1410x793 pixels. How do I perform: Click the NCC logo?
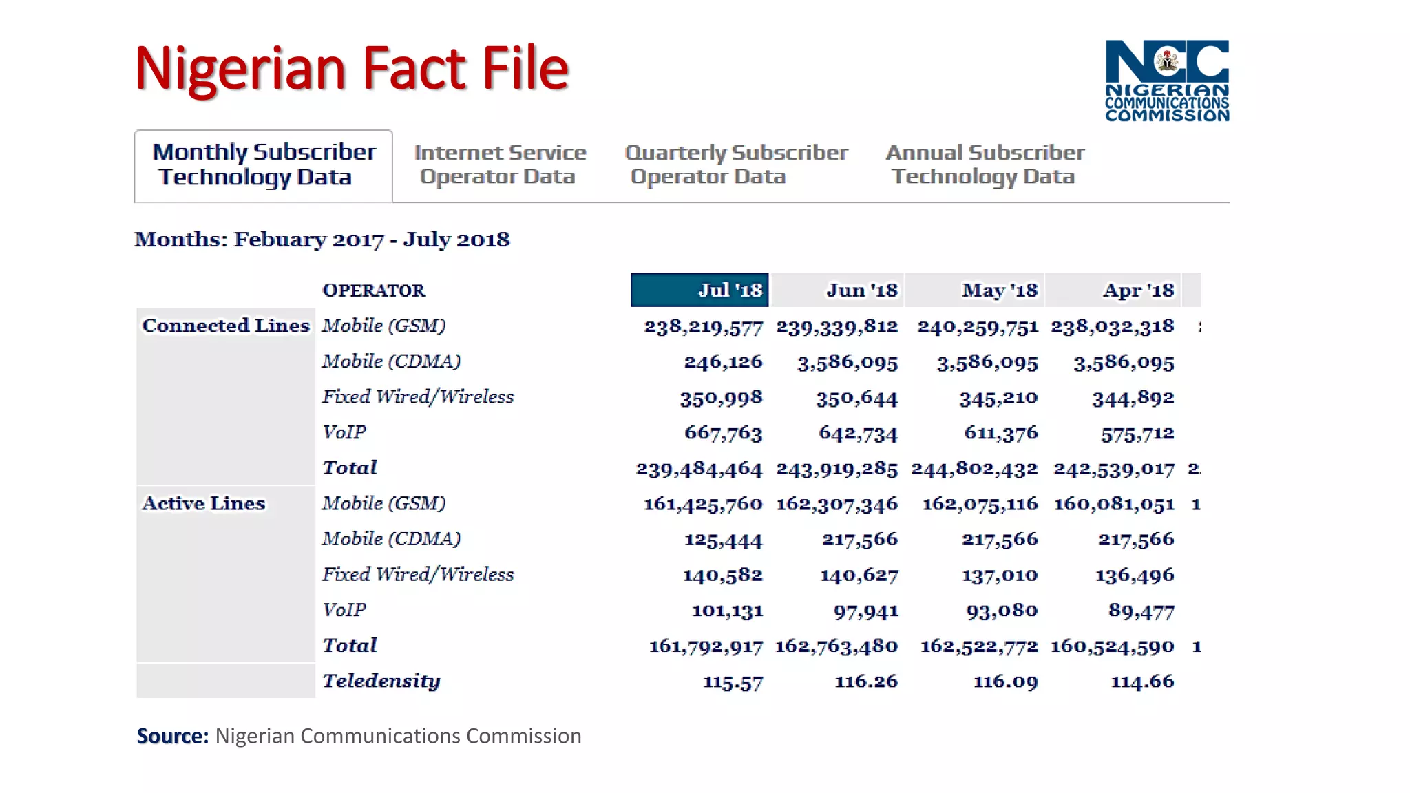(1166, 81)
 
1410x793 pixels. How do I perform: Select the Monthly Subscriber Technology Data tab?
(264, 165)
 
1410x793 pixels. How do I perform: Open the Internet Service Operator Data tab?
(500, 165)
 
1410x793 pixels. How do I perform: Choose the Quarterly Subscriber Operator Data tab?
(735, 165)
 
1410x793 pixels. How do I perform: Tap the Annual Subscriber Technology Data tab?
(985, 165)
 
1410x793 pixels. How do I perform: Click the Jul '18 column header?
(699, 290)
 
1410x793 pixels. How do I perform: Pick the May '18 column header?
(999, 290)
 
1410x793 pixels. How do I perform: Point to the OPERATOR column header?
(374, 290)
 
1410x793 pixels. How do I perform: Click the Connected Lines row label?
(226, 326)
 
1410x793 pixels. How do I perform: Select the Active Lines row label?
(203, 504)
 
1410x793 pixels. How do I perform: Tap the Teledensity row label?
(381, 681)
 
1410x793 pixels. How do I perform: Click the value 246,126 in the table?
(723, 361)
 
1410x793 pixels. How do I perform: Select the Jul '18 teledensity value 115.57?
(733, 682)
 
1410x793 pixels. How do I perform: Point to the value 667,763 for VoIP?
(723, 433)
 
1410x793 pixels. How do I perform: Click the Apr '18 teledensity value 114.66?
(1142, 681)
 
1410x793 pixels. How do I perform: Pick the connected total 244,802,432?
(974, 469)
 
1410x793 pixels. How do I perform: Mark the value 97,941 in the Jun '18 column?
(865, 611)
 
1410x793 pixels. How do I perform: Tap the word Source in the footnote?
(172, 736)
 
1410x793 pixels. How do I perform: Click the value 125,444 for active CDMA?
(723, 540)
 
